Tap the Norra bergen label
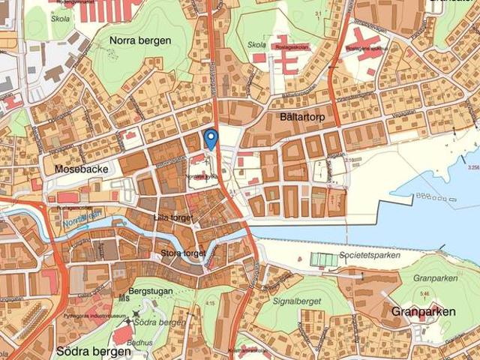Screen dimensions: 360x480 pos(140,40)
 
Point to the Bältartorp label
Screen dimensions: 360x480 pos(284,118)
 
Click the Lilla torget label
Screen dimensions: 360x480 pos(172,217)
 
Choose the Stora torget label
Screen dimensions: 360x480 pos(183,253)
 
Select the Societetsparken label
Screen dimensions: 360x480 pos(369,255)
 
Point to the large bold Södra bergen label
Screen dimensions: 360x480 pos(88,350)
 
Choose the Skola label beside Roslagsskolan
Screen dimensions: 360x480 pos(256,45)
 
